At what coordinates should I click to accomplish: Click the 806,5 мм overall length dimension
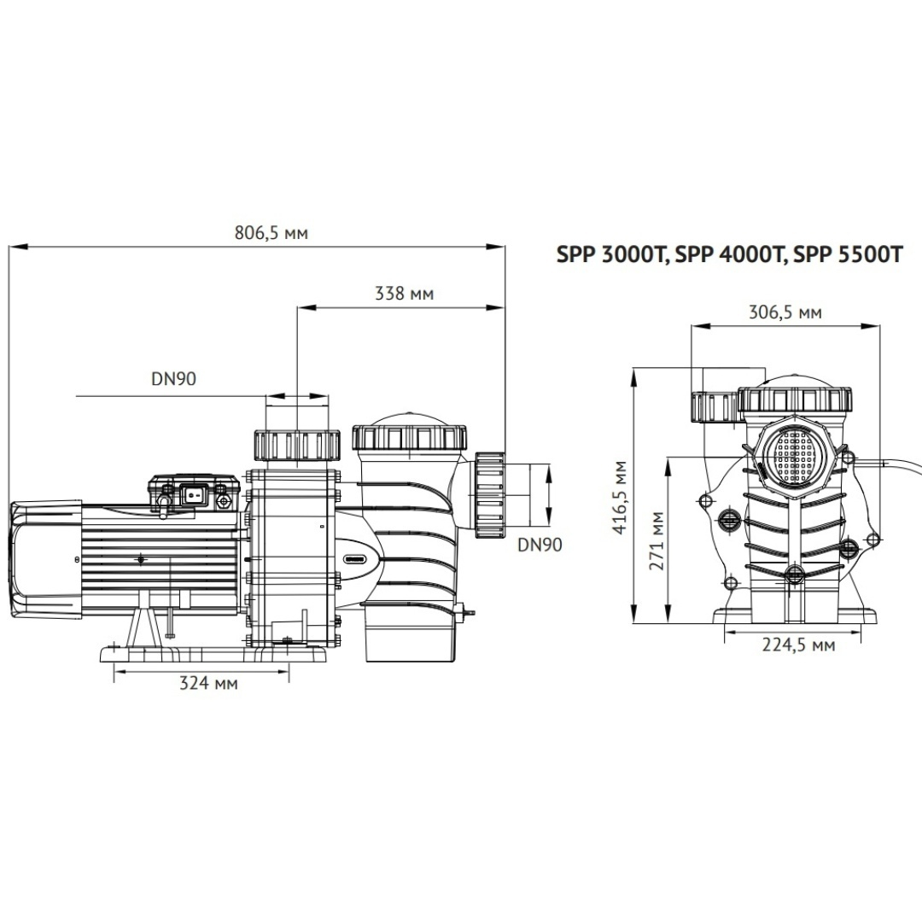[x=271, y=233]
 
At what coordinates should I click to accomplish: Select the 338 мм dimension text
[x=404, y=293]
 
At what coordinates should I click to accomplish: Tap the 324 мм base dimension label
[x=208, y=683]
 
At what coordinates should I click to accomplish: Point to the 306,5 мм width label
[x=785, y=312]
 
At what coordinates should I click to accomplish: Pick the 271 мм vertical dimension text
[x=656, y=541]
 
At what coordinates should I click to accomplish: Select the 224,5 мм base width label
[x=798, y=645]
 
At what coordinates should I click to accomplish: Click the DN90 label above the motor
[x=173, y=379]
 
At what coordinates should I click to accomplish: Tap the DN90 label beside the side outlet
[x=540, y=545]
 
